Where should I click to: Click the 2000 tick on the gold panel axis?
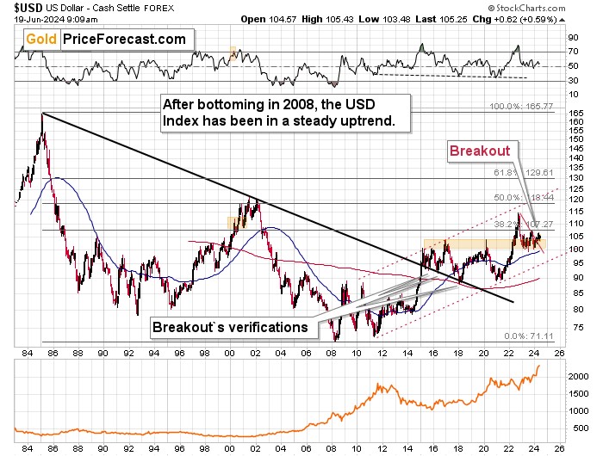pos(576,377)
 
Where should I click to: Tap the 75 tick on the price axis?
pos(572,328)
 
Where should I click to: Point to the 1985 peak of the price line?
pos(42,114)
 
